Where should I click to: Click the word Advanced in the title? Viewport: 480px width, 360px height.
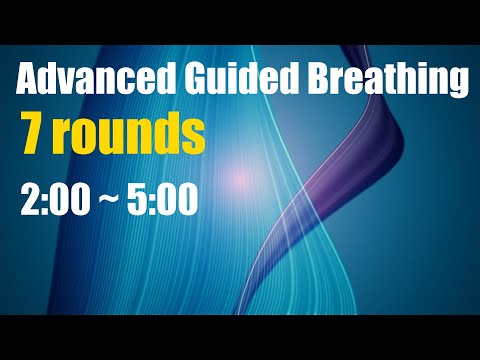pos(82,78)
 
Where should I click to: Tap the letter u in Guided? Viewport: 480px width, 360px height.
pos(194,80)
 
